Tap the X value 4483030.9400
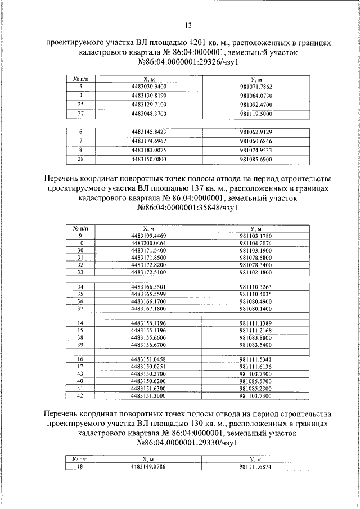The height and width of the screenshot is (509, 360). (x=148, y=87)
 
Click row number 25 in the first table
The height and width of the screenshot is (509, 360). (x=80, y=105)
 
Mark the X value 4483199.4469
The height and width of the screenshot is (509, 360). (x=148, y=235)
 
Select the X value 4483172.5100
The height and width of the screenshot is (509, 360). (x=148, y=272)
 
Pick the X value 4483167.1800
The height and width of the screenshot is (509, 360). (x=148, y=308)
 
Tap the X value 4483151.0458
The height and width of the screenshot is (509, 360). (x=148, y=359)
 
